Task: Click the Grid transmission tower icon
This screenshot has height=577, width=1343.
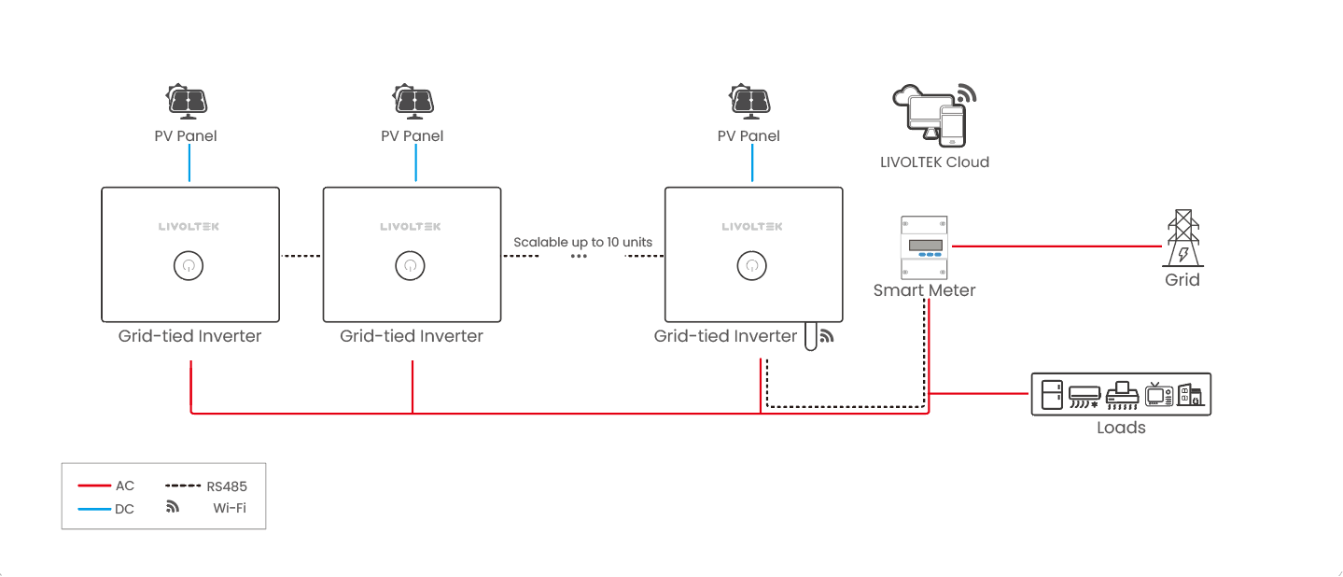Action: (1182, 239)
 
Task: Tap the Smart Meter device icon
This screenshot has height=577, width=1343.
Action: (924, 247)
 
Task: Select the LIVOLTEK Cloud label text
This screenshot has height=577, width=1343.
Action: (934, 162)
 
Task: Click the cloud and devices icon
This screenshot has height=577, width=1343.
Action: (934, 114)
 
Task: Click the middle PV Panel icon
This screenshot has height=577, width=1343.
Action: (413, 102)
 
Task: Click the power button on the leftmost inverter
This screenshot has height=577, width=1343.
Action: (189, 265)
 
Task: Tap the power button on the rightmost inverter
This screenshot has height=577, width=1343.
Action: (751, 265)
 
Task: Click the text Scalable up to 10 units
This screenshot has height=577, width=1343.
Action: (582, 242)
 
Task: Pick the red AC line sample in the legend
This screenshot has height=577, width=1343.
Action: (93, 486)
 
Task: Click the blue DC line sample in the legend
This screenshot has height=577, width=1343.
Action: (93, 509)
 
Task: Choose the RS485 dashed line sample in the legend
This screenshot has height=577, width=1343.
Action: (183, 486)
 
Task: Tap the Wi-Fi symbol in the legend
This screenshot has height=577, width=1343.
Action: (172, 508)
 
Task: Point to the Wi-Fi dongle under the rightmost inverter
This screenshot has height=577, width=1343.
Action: (810, 337)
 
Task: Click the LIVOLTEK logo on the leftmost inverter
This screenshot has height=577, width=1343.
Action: (189, 226)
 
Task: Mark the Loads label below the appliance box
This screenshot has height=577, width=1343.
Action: (1121, 428)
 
